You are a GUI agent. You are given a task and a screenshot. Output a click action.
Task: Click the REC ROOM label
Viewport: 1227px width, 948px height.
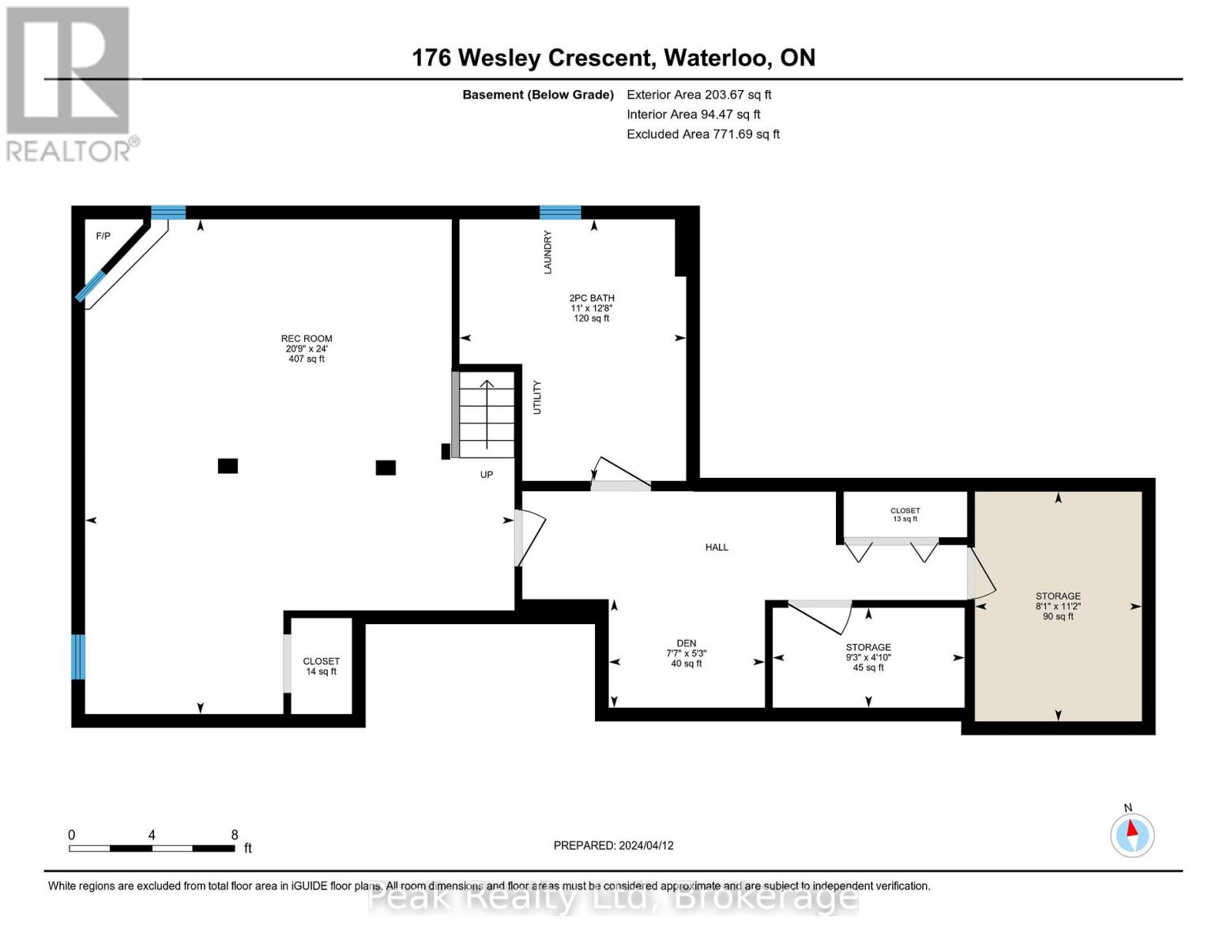[307, 348]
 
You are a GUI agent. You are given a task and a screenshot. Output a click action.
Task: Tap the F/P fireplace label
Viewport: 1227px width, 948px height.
[104, 236]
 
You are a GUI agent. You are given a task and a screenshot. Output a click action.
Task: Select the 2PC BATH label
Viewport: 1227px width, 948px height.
[592, 308]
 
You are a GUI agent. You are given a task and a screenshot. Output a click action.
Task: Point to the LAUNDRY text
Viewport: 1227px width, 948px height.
[548, 253]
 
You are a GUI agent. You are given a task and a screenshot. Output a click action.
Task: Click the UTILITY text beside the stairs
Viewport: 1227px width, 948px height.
[537, 397]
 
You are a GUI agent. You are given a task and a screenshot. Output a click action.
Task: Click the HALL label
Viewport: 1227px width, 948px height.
[717, 547]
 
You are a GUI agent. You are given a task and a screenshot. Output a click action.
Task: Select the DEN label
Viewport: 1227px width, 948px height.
[686, 653]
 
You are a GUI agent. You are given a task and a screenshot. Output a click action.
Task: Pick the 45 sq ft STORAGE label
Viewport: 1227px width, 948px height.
[868, 657]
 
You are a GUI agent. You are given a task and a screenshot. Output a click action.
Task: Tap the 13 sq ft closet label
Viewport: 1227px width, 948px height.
[905, 514]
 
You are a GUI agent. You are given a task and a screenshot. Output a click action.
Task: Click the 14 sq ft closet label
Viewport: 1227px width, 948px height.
[321, 666]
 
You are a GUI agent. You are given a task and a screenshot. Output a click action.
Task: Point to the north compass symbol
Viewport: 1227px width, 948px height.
[1132, 834]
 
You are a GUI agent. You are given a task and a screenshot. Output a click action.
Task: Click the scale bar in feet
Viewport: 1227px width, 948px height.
[152, 848]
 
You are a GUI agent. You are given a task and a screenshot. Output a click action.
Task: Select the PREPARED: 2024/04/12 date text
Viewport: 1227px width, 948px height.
[613, 845]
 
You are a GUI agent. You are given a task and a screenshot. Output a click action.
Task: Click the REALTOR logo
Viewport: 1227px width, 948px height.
[70, 84]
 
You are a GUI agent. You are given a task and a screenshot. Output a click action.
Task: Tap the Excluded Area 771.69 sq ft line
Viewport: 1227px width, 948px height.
[702, 134]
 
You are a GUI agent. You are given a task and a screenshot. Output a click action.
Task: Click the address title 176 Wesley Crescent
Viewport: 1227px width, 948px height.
[613, 58]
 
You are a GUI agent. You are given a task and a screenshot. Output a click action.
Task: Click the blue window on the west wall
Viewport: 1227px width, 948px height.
[77, 656]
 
